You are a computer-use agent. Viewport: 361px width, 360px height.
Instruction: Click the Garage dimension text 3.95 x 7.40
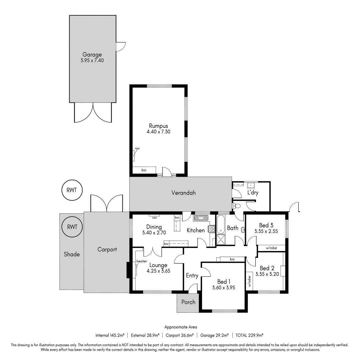point(92,61)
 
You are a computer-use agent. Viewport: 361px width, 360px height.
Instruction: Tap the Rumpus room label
point(158,126)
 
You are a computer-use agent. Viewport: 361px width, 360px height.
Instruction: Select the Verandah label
point(183,193)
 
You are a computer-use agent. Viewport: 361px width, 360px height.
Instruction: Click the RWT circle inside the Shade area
point(72,227)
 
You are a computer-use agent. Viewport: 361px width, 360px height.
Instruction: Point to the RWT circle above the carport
point(72,190)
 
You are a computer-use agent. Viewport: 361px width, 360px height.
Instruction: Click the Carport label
point(107,250)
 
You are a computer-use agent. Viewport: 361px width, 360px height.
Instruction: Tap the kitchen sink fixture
point(201,218)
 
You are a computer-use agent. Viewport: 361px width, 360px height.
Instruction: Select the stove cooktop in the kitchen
point(212,229)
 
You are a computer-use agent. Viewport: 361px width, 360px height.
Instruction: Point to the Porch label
point(188,302)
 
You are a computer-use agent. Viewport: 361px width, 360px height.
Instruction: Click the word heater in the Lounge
point(142,261)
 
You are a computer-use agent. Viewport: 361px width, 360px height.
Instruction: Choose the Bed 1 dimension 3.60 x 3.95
point(224,287)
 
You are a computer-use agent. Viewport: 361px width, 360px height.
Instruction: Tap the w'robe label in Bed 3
point(271,248)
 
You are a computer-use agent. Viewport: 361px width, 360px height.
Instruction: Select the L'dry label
point(253,192)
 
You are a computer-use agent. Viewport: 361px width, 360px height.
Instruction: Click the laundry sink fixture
point(251,185)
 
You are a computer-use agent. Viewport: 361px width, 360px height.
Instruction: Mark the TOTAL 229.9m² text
point(249,335)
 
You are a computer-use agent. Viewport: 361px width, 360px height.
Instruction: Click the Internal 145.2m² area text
point(110,335)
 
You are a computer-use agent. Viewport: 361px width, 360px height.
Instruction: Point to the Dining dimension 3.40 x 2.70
point(154,233)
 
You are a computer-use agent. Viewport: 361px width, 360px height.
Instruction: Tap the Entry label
point(192,276)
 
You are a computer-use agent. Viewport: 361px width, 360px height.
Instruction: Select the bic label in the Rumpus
point(144,170)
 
